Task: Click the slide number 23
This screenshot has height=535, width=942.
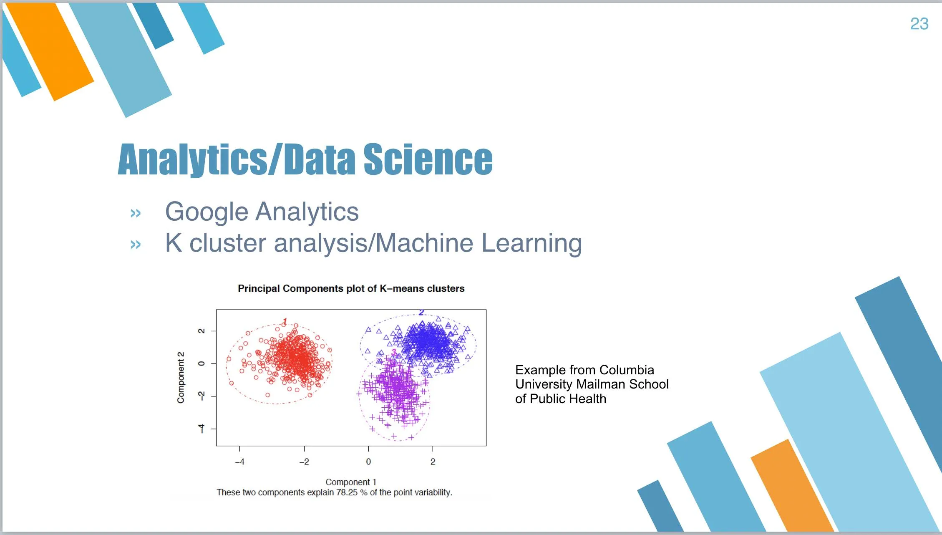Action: (x=919, y=24)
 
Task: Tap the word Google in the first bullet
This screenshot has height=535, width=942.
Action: (x=207, y=212)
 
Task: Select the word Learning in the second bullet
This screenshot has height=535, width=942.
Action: (x=531, y=243)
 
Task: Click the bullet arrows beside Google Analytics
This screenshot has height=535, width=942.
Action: (x=136, y=213)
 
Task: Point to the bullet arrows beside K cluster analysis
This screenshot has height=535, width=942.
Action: (x=136, y=244)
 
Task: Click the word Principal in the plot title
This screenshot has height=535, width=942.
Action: (x=259, y=289)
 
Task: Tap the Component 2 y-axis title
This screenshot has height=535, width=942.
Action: (x=181, y=378)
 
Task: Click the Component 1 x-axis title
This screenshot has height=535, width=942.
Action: (x=351, y=482)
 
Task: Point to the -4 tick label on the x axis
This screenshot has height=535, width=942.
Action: (x=239, y=462)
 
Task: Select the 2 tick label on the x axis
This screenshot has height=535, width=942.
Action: (x=433, y=462)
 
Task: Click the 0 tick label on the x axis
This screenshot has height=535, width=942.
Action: (x=368, y=462)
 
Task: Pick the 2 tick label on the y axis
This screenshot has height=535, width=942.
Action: (x=201, y=331)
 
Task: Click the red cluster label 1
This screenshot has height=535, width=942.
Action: (x=285, y=321)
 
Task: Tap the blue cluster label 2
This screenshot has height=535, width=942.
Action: (x=421, y=312)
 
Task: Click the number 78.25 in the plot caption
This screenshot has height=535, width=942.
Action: (x=347, y=492)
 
